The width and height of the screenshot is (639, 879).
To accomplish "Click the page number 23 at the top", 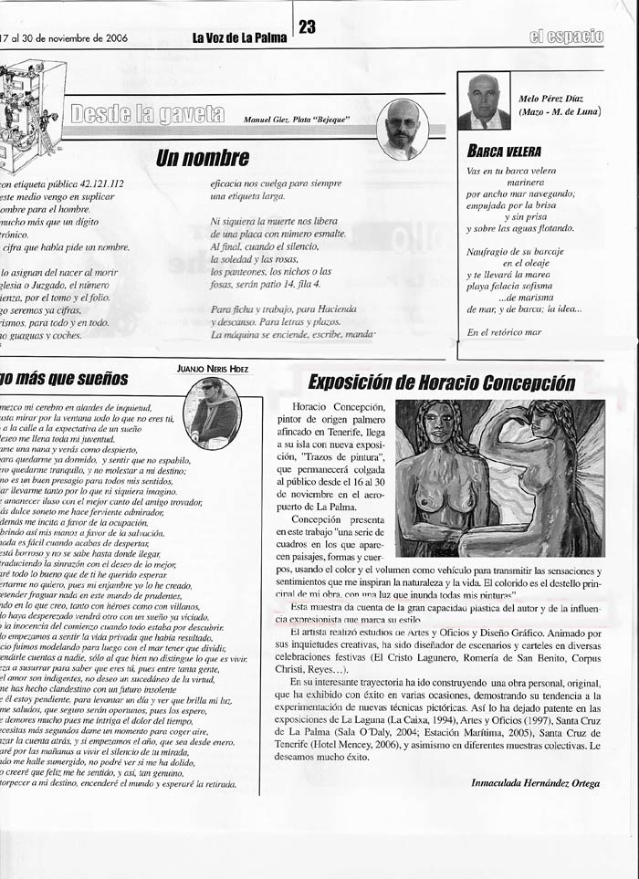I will click(307, 27).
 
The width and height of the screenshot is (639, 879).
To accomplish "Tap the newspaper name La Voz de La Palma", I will click(239, 38).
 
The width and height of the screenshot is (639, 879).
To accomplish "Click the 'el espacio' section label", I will click(566, 37).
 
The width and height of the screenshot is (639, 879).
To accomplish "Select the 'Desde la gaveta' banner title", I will click(147, 114).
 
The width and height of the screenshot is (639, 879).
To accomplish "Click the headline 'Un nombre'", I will click(203, 158).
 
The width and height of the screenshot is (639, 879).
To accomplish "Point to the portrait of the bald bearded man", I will click(403, 129).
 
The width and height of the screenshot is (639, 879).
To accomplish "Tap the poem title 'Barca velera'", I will click(504, 151).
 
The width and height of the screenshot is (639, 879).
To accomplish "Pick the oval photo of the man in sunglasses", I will click(212, 413).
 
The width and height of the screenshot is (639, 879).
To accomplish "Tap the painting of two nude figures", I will click(500, 477).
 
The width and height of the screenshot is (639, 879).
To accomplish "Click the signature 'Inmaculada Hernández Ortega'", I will click(536, 782).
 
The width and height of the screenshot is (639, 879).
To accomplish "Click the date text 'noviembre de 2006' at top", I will click(81, 38).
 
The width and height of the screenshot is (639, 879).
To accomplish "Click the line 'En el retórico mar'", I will click(504, 332).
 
